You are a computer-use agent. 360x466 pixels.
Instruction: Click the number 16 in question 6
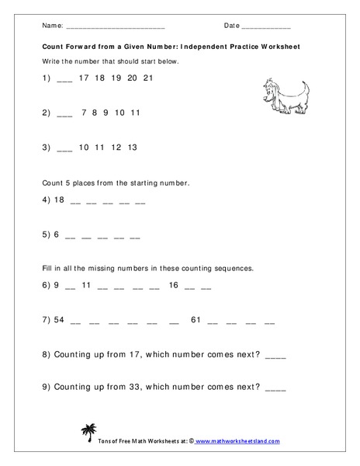pos(173,285)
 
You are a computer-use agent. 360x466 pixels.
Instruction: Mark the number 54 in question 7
pos(58,319)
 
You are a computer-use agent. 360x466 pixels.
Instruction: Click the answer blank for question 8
pos(275,356)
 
